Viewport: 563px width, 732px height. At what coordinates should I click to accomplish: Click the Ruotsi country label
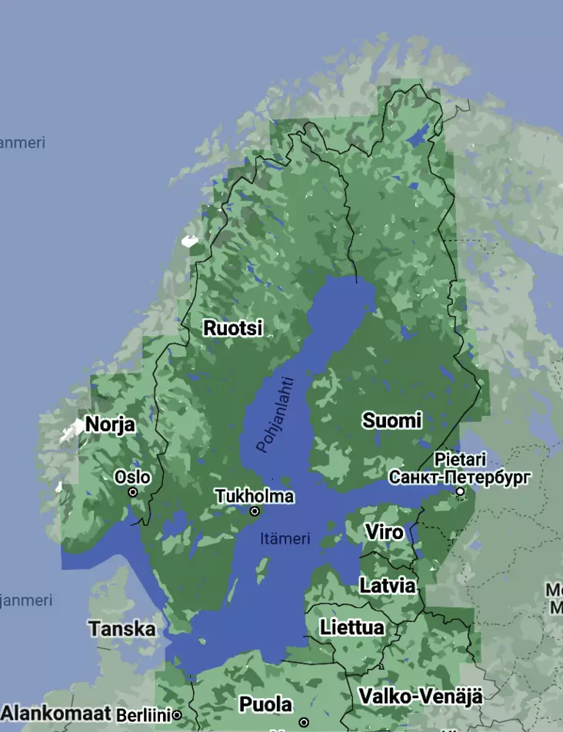[x=232, y=328]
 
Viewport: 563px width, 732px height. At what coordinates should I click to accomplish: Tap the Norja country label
[x=110, y=424]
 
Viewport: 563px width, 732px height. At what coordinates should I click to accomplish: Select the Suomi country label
[x=392, y=421]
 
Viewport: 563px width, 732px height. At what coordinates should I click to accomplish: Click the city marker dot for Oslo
[x=133, y=492]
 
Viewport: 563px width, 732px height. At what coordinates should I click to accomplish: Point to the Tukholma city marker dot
[x=255, y=511]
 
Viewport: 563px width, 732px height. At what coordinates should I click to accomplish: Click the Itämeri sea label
[x=285, y=539]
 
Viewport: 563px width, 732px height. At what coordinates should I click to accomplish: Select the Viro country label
[x=384, y=532]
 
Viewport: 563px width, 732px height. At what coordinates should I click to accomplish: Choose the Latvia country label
[x=388, y=586]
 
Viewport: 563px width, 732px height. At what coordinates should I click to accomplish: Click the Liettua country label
[x=352, y=627]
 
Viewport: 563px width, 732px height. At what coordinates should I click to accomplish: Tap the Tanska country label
[x=122, y=629]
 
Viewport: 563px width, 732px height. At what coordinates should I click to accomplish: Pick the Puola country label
[x=265, y=704]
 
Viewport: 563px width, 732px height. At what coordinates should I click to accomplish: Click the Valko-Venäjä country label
[x=420, y=697]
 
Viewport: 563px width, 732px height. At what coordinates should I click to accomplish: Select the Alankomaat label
[x=56, y=713]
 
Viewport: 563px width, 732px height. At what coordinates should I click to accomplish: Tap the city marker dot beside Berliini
[x=177, y=715]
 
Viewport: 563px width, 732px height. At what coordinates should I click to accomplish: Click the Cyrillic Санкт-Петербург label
[x=459, y=477]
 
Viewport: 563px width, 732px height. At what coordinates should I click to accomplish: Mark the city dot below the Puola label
[x=304, y=723]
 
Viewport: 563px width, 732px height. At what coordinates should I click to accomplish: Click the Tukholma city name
[x=254, y=496]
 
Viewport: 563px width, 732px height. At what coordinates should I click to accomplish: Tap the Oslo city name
[x=132, y=477]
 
